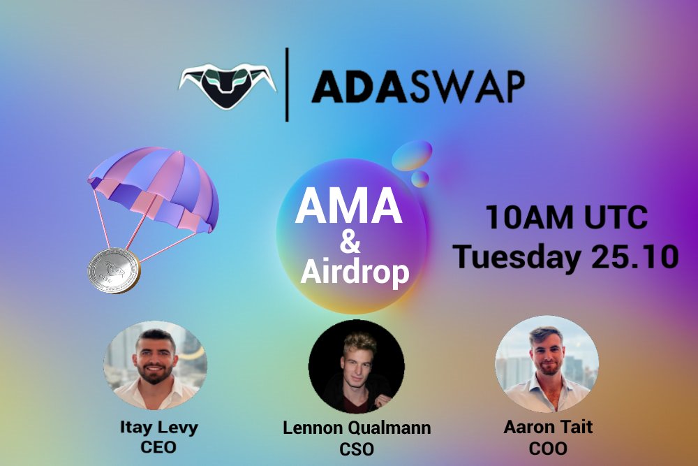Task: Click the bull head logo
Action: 227,85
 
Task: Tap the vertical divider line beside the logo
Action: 288,85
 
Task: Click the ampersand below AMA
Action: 350,244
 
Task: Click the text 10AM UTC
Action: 566,219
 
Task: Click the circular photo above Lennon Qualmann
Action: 357,366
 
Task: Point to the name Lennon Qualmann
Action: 357,428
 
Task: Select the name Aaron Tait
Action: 548,427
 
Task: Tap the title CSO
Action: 357,447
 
